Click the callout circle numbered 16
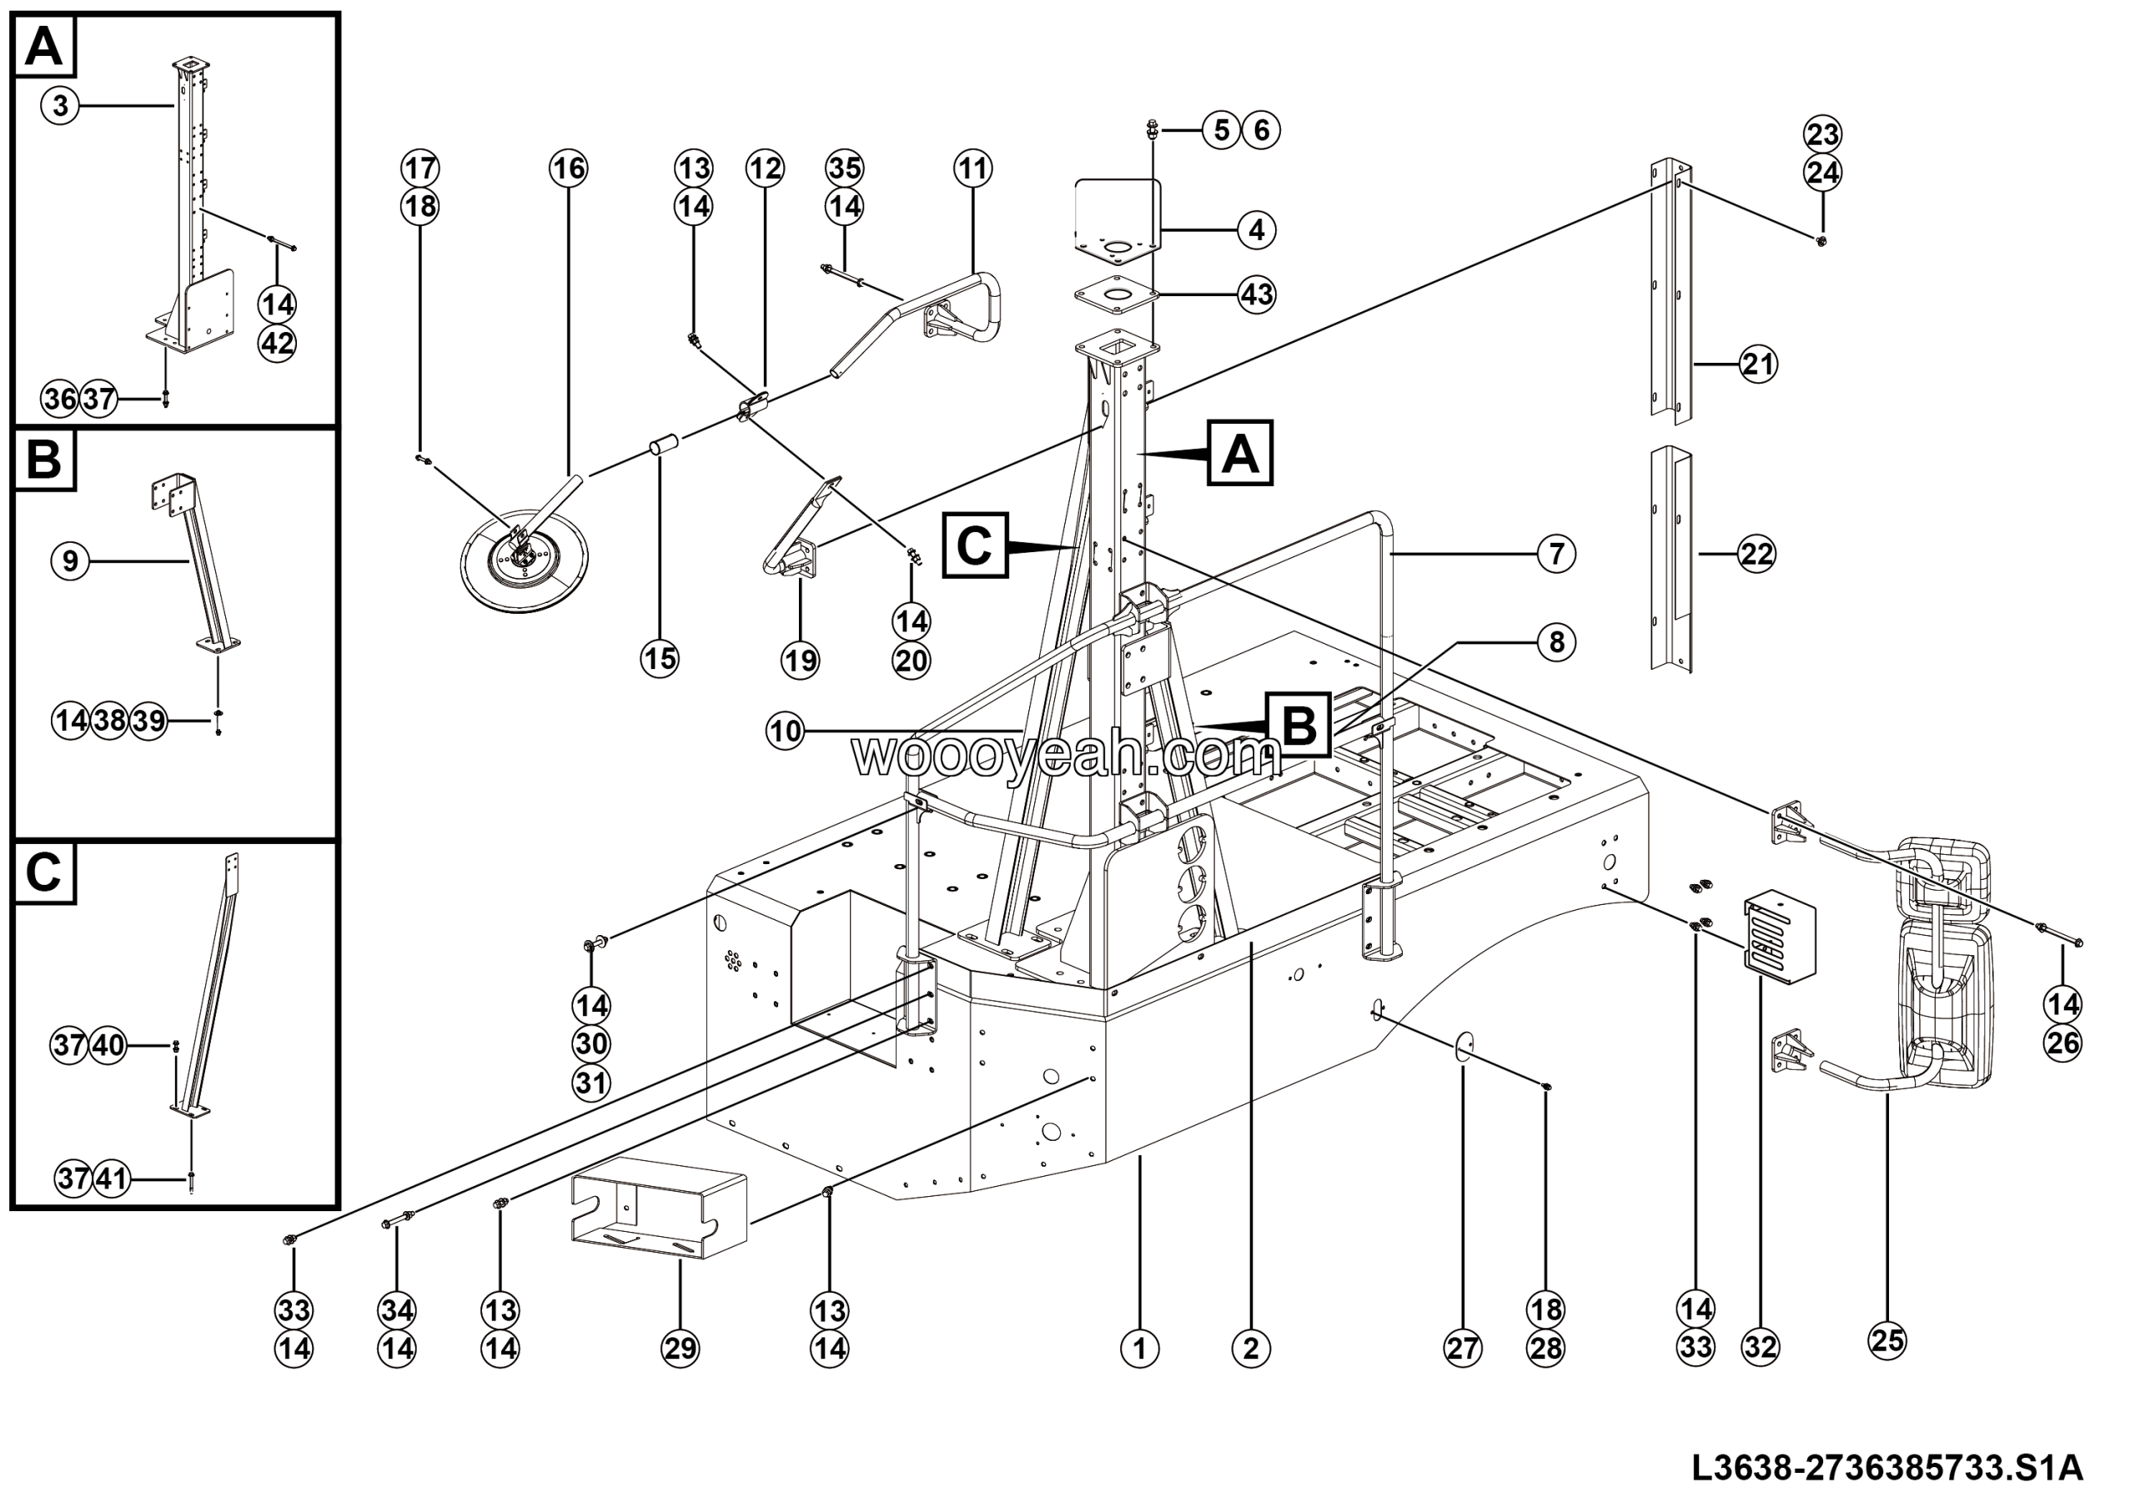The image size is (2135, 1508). (568, 168)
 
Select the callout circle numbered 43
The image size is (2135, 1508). (1257, 294)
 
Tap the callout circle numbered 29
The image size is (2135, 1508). (680, 1348)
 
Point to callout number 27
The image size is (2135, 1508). (1463, 1347)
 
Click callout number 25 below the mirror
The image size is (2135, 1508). (1887, 1340)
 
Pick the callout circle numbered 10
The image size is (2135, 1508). (786, 731)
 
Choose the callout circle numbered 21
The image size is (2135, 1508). (1757, 364)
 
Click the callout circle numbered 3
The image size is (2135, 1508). (60, 106)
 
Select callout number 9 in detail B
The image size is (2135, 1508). (70, 560)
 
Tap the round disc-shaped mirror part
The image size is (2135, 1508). (524, 565)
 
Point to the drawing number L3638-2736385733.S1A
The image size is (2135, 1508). (1887, 1468)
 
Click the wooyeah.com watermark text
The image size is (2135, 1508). (1061, 755)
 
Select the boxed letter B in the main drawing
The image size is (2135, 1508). (1299, 724)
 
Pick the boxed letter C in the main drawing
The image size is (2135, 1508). (975, 545)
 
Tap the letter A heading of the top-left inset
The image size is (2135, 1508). (43, 47)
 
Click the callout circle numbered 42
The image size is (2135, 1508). (277, 344)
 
